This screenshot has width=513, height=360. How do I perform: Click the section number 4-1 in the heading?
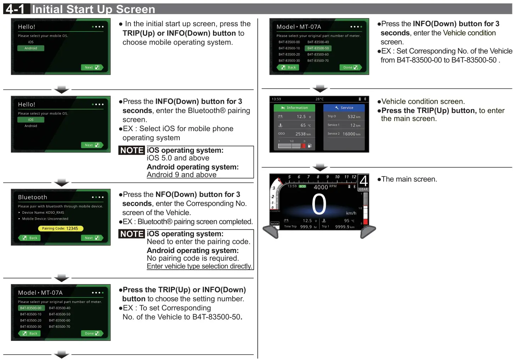pos(15,9)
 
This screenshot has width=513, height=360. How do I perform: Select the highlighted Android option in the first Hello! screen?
pos(31,48)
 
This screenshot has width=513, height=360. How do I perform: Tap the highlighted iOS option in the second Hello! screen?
pos(31,120)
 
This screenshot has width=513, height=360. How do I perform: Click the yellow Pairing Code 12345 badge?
pos(60,229)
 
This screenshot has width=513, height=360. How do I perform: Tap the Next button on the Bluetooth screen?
pos(92,238)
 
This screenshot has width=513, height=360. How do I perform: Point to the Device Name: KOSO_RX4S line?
pos(43,213)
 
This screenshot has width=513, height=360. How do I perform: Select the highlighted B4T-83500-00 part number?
pos(31,308)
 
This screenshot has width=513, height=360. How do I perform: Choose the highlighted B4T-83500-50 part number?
pos(318,48)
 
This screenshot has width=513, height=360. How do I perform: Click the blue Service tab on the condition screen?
pos(344,108)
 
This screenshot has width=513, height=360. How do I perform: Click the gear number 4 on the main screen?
pos(363,181)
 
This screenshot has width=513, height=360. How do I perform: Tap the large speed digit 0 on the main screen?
pos(319,205)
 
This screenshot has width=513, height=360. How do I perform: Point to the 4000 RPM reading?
pos(325,187)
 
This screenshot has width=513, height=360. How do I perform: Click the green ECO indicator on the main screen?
pos(302,186)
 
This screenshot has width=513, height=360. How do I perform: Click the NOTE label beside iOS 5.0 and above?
pos(132,150)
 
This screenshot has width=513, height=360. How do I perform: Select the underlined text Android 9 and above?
pos(182,175)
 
